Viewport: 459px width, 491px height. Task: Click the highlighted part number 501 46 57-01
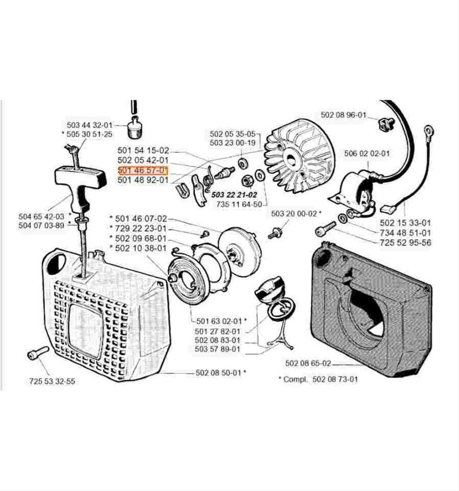[x=143, y=170]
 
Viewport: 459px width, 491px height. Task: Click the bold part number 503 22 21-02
[x=234, y=195]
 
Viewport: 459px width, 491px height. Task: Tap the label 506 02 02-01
[x=367, y=154]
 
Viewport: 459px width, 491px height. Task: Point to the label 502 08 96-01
[x=343, y=115]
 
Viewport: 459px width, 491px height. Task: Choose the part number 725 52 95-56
[x=405, y=243]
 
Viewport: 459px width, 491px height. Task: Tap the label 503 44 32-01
[x=90, y=125]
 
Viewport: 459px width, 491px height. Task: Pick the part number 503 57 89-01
[x=218, y=349]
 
